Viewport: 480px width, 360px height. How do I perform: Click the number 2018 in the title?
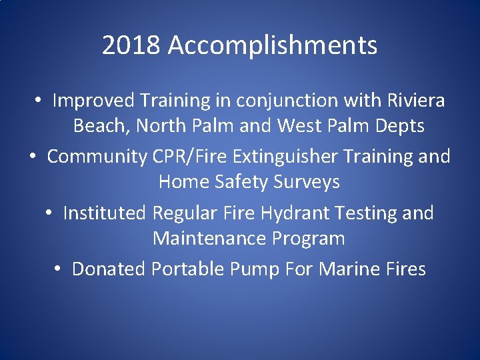pos(132,46)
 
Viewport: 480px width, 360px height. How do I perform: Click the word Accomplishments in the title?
pos(273,46)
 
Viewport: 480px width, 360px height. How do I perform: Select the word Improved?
pos(95,101)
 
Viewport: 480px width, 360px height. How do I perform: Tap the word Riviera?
pos(416,101)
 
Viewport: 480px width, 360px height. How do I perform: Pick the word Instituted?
pos(104,213)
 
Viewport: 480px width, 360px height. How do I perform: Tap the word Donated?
pos(109,269)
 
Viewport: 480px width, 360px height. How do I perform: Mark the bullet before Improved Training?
pos(40,101)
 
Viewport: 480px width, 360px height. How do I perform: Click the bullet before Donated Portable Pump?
pos(59,269)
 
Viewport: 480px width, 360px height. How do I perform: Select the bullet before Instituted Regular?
pos(50,214)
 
